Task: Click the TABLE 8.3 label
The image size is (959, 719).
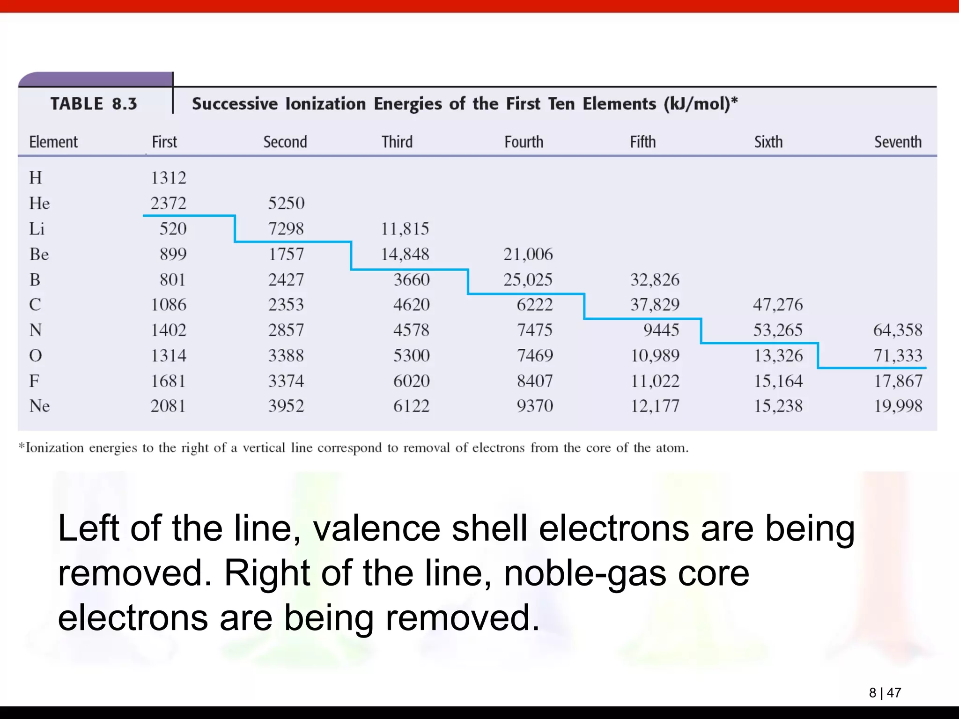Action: [94, 103]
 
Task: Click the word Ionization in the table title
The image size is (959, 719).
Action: [325, 103]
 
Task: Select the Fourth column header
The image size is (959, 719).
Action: [524, 142]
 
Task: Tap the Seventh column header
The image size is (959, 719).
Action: [898, 142]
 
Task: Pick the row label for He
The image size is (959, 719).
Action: [39, 203]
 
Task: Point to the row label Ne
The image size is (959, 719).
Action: [39, 406]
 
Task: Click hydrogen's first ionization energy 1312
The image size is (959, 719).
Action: [168, 178]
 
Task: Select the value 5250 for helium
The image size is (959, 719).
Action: [286, 203]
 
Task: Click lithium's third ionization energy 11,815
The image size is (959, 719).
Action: [405, 229]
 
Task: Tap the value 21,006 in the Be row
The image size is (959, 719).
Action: [528, 254]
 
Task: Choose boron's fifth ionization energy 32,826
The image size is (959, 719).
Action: [655, 280]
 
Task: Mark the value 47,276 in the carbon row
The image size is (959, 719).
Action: [778, 305]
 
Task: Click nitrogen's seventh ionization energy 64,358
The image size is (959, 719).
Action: [898, 330]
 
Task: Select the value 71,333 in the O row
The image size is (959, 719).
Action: [898, 356]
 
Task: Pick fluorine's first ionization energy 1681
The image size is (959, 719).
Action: [168, 381]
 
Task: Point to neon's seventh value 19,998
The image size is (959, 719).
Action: [898, 406]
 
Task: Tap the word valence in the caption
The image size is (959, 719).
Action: [376, 528]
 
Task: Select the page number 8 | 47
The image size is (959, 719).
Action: [885, 693]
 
